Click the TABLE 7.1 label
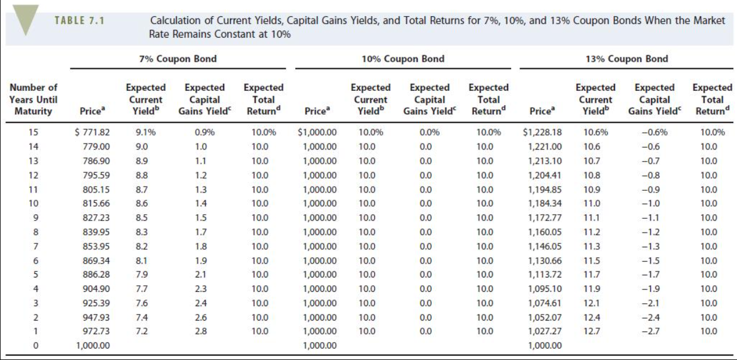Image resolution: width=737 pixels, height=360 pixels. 79,20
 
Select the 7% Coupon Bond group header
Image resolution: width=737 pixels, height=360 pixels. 173,59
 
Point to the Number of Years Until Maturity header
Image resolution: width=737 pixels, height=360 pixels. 34,99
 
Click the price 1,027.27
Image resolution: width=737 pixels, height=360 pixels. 545,331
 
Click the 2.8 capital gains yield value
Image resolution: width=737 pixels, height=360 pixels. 201,331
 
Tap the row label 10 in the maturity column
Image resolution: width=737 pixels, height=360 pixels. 33,203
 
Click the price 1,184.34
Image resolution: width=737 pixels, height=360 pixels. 545,203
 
